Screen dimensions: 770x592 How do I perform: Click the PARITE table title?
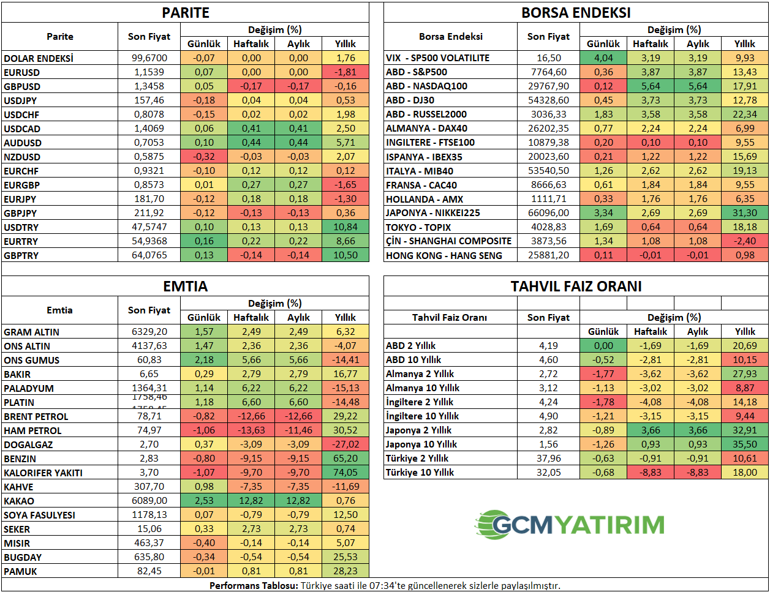[x=186, y=13]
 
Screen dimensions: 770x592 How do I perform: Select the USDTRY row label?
[x=21, y=227]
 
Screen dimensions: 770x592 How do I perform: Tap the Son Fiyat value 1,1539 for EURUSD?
[x=149, y=72]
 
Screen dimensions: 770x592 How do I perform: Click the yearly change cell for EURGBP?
[x=345, y=185]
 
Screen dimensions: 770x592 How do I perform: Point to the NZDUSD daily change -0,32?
[x=204, y=157]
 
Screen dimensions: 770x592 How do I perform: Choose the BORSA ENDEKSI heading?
[x=576, y=13]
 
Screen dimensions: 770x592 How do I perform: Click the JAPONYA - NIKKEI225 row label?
[x=432, y=213]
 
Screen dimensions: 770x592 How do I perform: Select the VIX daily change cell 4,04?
[x=603, y=58]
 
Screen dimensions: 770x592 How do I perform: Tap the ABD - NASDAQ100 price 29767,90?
[x=548, y=86]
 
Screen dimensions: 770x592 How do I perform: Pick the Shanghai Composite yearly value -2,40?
[x=744, y=241]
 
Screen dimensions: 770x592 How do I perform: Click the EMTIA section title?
[x=186, y=287]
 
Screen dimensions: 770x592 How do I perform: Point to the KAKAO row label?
[x=19, y=501]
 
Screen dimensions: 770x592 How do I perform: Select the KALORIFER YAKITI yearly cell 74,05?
[x=345, y=473]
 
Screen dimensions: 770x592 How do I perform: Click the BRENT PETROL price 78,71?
[x=149, y=416]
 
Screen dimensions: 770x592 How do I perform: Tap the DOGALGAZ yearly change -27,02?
[x=345, y=444]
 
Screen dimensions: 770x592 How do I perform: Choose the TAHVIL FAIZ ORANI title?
[x=576, y=287]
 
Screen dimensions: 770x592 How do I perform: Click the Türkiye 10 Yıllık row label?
[x=420, y=473]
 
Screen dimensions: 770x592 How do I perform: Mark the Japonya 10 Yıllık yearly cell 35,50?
[x=744, y=444]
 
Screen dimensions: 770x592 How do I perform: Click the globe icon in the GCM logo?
[x=493, y=525]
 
